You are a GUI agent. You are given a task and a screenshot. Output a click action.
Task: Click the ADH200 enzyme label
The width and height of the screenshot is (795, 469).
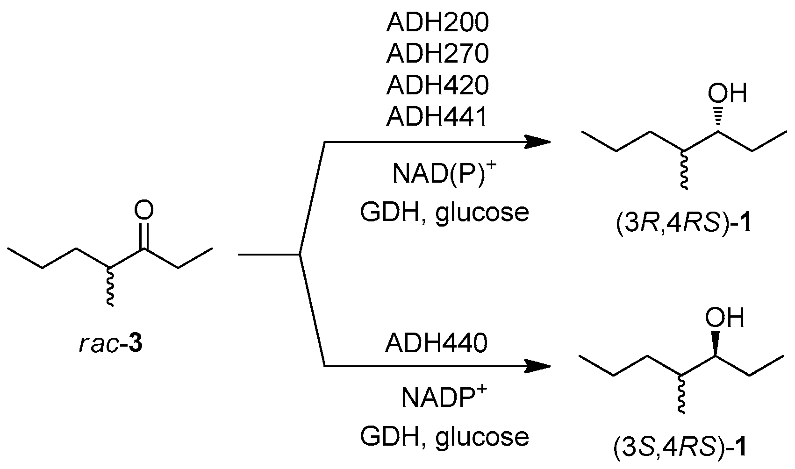pos(437,23)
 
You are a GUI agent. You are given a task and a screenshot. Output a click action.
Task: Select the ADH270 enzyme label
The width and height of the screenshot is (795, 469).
pos(437,54)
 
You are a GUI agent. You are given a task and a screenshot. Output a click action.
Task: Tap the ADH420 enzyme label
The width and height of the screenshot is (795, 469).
pos(437,85)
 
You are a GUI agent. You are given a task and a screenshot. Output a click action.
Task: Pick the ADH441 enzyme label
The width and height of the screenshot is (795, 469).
pos(437,117)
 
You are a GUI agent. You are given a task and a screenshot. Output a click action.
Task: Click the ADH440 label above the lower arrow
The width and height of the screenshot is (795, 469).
pos(436,344)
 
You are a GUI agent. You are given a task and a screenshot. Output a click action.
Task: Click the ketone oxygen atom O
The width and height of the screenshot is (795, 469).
pos(143,211)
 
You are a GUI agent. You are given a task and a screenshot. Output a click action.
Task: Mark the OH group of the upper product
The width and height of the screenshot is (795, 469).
pos(727,93)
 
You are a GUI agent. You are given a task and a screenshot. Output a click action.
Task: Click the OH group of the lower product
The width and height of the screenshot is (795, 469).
pos(724,318)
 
